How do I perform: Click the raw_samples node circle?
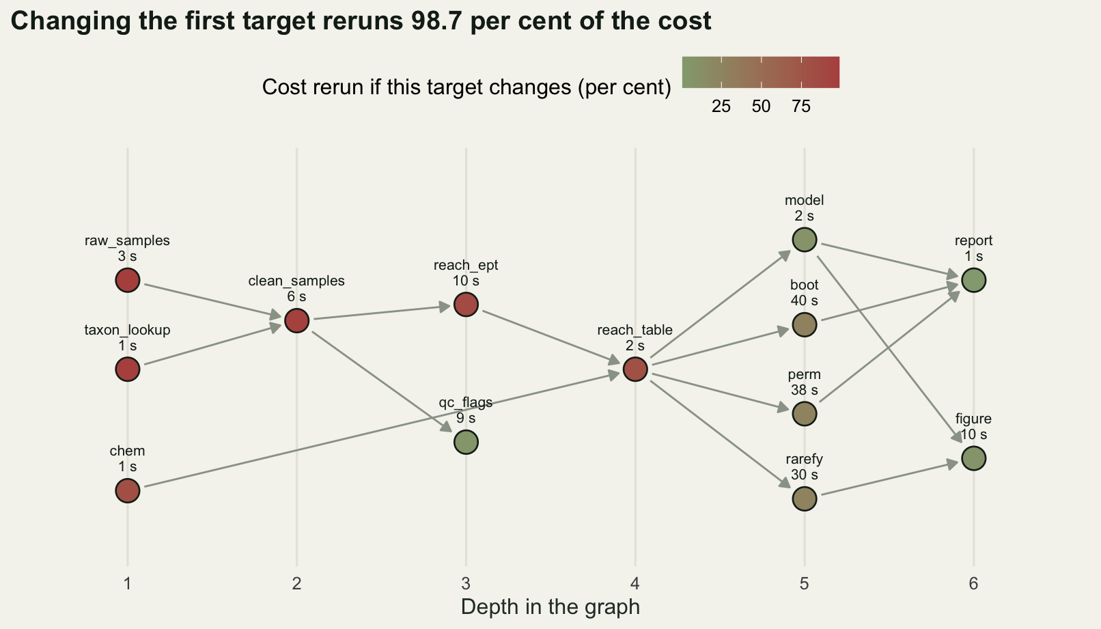[x=128, y=281]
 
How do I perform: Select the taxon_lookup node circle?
[x=128, y=369]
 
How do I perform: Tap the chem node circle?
[x=128, y=491]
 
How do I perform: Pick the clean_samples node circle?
[x=297, y=321]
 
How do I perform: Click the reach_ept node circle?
[x=466, y=305]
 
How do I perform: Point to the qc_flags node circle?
[x=466, y=443]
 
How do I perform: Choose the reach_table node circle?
[x=635, y=369]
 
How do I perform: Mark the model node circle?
[x=805, y=240]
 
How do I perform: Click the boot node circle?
[x=805, y=325]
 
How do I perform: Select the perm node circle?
[x=805, y=414]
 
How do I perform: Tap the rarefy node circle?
[x=805, y=499]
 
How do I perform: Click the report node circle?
[x=974, y=281]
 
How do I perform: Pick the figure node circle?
[x=974, y=458]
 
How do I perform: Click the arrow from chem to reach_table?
[x=381, y=430]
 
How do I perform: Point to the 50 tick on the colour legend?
[x=762, y=107]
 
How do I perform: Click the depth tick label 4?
[x=635, y=584]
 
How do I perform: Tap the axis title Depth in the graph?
[x=550, y=607]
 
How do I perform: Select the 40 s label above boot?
[x=805, y=300]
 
